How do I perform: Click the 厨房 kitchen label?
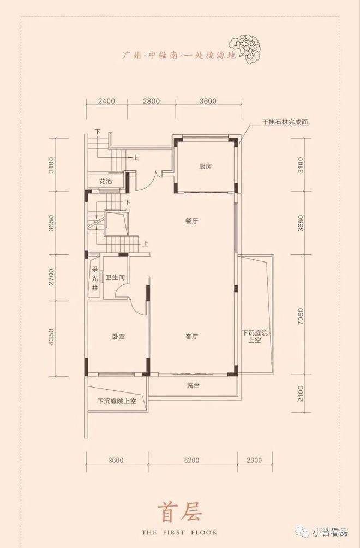click(205, 166)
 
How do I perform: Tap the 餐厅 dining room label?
click(192, 221)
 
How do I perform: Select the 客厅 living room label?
click(192, 337)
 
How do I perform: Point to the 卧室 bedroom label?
click(119, 337)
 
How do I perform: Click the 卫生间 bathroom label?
click(115, 278)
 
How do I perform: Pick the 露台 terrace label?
click(193, 386)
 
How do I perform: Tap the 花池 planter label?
click(105, 181)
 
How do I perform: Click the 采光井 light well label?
click(94, 278)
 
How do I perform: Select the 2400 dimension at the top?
click(106, 102)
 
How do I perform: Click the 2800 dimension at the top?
click(151, 102)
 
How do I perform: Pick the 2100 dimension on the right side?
click(301, 394)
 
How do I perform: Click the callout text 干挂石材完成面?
click(286, 123)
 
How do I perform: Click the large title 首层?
click(179, 512)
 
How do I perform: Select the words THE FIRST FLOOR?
click(179, 532)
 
